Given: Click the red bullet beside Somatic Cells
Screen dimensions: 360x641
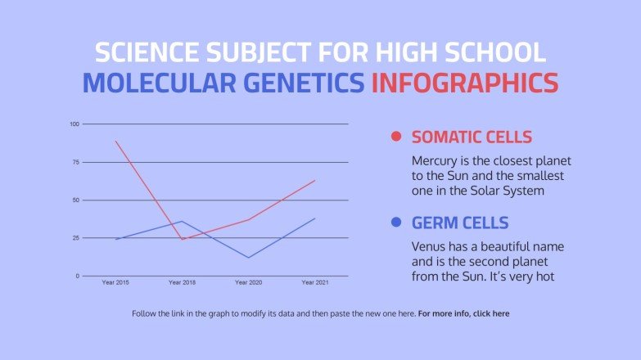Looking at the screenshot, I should (397, 137).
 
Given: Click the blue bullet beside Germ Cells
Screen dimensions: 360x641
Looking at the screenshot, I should (397, 223).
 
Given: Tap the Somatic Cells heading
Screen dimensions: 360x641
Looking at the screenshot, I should (472, 137).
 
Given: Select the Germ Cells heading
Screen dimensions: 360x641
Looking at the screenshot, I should (460, 223).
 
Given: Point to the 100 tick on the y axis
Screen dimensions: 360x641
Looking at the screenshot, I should (74, 124).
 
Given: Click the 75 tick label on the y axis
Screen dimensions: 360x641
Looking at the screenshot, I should (75, 162).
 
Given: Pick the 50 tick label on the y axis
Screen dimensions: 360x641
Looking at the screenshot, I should (75, 200).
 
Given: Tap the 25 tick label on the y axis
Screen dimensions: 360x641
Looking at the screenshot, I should (75, 238).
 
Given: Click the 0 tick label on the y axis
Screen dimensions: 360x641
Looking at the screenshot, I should (77, 276).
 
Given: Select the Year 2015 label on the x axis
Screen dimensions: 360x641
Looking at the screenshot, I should (115, 282).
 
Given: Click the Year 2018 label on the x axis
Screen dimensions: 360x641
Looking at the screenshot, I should (182, 282).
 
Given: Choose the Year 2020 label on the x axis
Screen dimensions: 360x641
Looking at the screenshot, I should (248, 282).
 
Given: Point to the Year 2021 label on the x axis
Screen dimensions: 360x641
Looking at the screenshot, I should (314, 282).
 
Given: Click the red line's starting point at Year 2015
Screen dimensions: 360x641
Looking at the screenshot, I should (115, 142).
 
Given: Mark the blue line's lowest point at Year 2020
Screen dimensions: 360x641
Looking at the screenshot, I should (248, 258).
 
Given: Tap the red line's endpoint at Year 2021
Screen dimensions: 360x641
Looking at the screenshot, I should (314, 180).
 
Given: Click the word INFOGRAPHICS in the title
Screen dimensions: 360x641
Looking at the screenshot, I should (464, 83).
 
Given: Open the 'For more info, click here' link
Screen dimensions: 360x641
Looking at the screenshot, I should (463, 313).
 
